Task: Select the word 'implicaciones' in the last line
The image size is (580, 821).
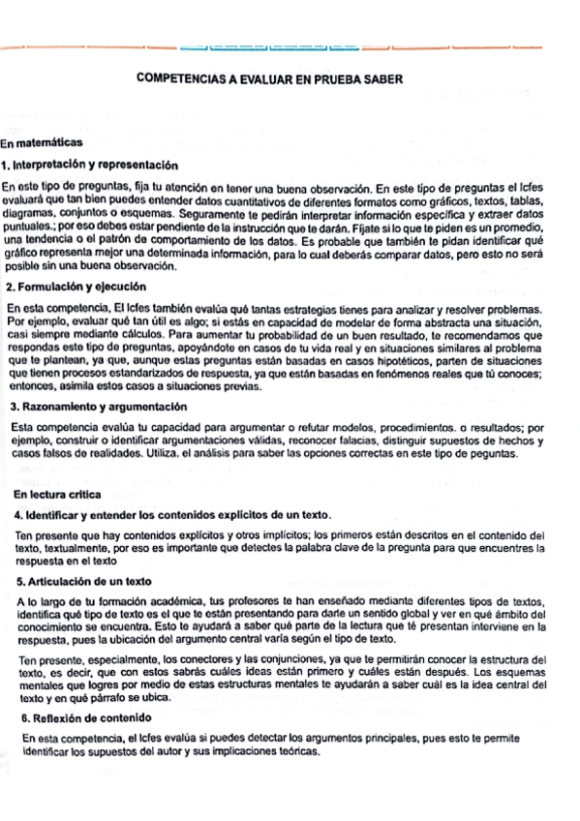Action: pos(233,752)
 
